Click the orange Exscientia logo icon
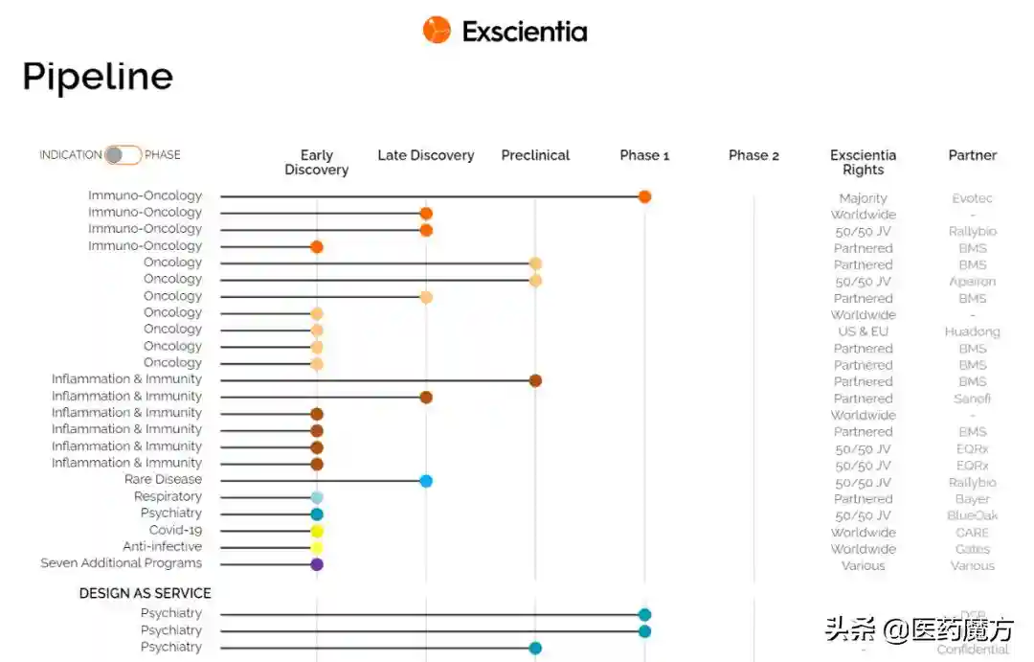click(437, 30)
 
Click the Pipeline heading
click(98, 77)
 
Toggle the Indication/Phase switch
click(124, 154)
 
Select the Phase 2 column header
click(753, 155)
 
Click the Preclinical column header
click(535, 155)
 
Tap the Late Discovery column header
click(426, 155)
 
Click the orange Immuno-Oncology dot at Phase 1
click(644, 196)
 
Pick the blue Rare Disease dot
click(426, 481)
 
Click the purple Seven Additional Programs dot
click(317, 564)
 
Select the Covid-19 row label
click(175, 530)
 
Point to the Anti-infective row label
click(162, 547)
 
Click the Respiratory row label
click(168, 496)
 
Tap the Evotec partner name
click(972, 198)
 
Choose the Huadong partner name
click(972, 331)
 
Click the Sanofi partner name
click(972, 399)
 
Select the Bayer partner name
click(972, 499)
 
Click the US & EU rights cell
click(863, 331)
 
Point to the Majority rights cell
click(863, 198)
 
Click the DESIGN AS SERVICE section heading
click(145, 593)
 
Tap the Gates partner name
click(972, 549)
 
